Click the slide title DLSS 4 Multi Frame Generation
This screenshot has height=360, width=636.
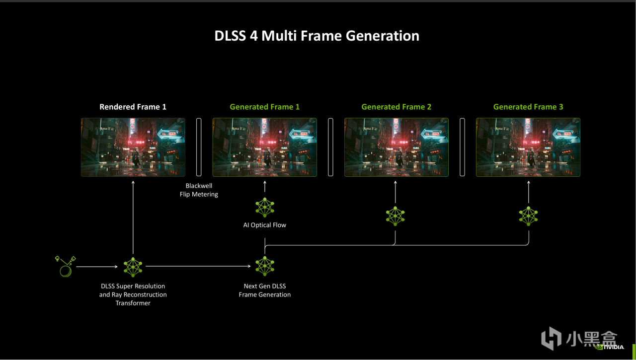coord(317,36)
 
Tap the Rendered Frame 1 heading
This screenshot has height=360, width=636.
coord(133,107)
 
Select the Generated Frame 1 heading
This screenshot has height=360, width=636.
coord(264,107)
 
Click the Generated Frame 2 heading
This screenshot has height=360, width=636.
coord(396,107)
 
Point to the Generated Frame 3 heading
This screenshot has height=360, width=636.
coord(528,107)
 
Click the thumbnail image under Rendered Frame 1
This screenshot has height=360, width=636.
coord(133,147)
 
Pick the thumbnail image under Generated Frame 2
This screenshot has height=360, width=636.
coord(396,147)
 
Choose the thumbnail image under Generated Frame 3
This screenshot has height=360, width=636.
coord(528,147)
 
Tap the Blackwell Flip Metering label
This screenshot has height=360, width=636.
coord(199,190)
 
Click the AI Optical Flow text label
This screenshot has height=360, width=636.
coord(264,225)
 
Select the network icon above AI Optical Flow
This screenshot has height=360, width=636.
coord(265,208)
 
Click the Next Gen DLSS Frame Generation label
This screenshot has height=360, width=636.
coord(264,290)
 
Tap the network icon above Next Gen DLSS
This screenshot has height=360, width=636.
coord(265,267)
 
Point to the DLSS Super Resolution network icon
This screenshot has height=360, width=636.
coord(133,267)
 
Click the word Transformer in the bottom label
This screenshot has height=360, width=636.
coord(133,303)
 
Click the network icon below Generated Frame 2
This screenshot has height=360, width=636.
coord(396,216)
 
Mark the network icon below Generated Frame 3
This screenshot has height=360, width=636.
coord(528,216)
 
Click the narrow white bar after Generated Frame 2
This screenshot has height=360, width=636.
coord(462,147)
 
